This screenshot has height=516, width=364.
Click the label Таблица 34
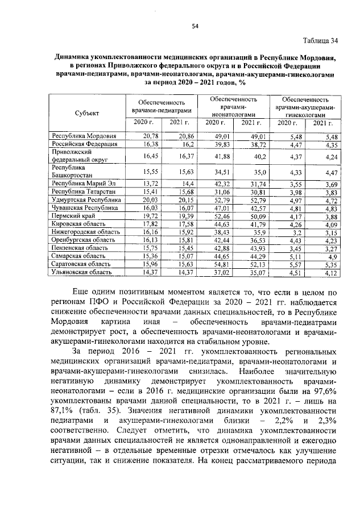tap(322, 40)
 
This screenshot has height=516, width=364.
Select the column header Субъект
tap(86, 113)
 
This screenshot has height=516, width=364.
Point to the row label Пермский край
tap(72, 217)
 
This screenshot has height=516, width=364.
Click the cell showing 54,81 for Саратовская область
tap(220, 264)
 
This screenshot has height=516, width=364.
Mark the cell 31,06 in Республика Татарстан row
tap(220, 193)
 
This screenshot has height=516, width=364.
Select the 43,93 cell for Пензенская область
tap(257, 248)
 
